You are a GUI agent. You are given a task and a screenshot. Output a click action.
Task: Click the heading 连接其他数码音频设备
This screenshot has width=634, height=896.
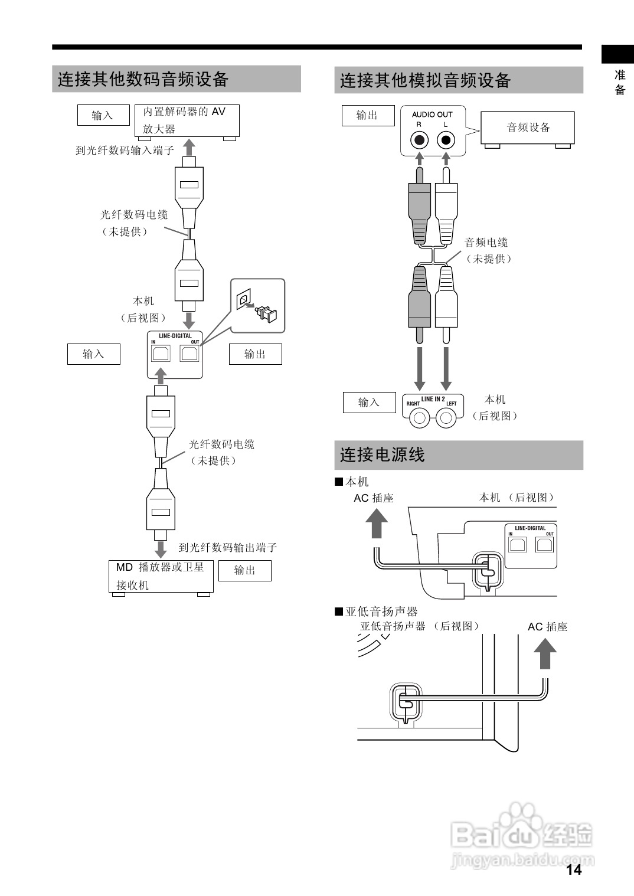click(x=143, y=79)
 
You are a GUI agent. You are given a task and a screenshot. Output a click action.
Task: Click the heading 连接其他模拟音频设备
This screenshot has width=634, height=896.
click(x=425, y=80)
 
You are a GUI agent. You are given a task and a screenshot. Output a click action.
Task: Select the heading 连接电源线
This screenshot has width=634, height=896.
click(x=383, y=454)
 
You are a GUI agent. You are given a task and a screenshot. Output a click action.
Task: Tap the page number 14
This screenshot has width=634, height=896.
click(x=573, y=869)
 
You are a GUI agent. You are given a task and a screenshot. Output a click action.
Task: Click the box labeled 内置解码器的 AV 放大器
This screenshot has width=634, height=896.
click(x=187, y=120)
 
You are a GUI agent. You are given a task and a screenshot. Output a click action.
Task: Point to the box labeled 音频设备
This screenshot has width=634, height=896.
click(x=528, y=127)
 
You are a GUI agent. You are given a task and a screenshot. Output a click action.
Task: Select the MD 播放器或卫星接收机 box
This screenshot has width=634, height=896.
click(x=161, y=576)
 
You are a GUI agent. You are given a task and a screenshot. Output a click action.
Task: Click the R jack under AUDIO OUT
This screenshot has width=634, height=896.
click(x=419, y=140)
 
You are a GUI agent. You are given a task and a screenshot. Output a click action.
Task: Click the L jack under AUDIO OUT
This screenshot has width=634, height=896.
click(x=446, y=140)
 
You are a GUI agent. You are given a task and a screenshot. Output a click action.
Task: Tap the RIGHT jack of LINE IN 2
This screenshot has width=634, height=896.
click(x=420, y=418)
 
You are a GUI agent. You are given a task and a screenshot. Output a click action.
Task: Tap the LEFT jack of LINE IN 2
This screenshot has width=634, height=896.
click(x=446, y=418)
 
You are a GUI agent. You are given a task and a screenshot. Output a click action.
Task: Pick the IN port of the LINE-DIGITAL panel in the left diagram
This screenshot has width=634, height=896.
click(x=161, y=354)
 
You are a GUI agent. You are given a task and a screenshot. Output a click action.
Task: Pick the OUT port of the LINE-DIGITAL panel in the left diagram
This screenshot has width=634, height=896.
click(x=189, y=354)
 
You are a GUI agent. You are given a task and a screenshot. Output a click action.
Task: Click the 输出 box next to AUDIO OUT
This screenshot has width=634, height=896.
click(x=368, y=115)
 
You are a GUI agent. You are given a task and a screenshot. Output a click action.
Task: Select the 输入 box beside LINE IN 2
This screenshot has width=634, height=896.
click(x=369, y=403)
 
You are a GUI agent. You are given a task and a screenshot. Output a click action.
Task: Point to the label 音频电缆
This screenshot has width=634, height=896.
click(x=486, y=242)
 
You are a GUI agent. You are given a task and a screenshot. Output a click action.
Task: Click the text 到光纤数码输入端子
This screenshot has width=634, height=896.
click(x=125, y=151)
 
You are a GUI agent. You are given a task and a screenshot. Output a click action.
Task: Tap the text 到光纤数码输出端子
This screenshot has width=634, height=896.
click(x=228, y=547)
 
